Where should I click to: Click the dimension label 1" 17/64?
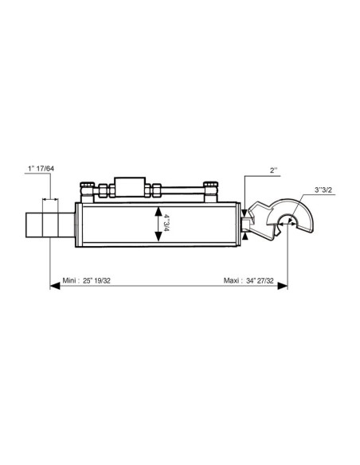41,169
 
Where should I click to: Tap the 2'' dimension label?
273,170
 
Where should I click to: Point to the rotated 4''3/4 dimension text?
166,224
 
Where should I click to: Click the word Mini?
69,280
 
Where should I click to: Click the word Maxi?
231,280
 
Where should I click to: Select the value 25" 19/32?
96,280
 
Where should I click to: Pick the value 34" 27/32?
260,280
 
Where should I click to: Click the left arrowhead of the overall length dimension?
55,286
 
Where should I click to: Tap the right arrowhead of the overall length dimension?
282,286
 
